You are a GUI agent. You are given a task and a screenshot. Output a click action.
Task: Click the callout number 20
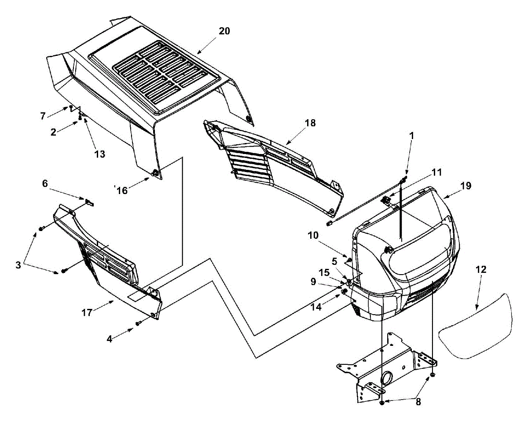[x=224, y=31]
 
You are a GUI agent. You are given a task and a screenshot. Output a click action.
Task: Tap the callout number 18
[x=310, y=123]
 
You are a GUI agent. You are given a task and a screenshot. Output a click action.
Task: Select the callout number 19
[x=466, y=186]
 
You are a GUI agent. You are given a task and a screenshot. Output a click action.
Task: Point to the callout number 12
[x=481, y=269]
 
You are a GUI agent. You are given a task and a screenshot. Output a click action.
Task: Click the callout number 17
[x=87, y=312]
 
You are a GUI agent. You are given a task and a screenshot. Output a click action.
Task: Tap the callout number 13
[x=100, y=154]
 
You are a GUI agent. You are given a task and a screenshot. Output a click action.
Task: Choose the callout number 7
[x=43, y=116]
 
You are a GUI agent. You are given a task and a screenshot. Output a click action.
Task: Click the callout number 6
[x=45, y=183]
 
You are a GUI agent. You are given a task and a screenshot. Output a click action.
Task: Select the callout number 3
[x=18, y=265]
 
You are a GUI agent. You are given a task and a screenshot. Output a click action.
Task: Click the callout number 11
[x=436, y=172]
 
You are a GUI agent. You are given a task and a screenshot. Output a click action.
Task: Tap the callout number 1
[x=411, y=136]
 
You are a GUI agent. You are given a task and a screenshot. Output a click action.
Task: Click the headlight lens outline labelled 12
[x=475, y=326]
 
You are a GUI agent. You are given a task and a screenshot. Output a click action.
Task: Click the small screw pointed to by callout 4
[x=138, y=323]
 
